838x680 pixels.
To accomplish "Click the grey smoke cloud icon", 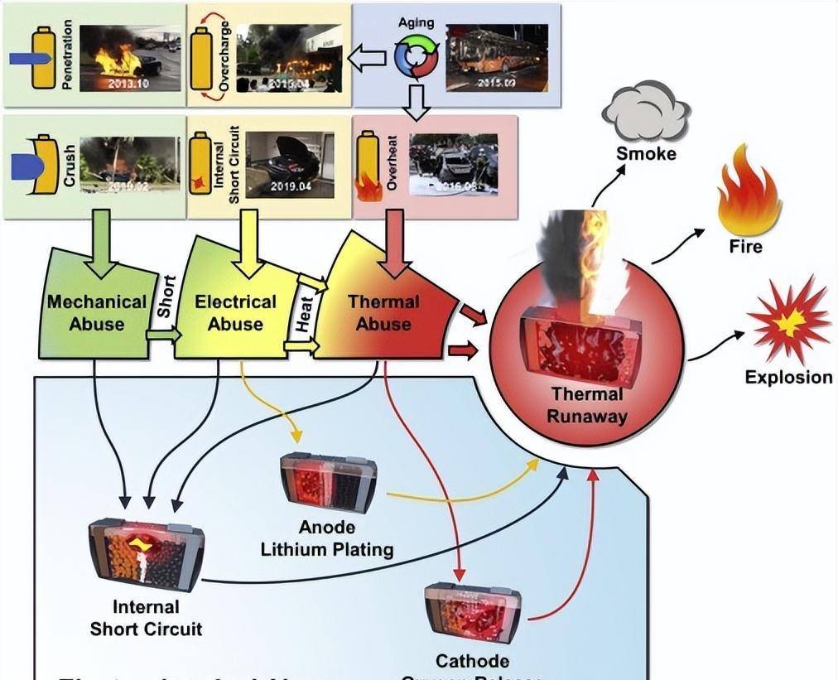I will pos(647,112).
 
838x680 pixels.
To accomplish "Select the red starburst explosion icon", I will pos(787,320).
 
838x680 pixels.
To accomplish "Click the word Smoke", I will pos(646,153).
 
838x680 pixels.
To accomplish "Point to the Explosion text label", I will pos(787,378).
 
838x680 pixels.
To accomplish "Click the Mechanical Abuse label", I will pos(96,312).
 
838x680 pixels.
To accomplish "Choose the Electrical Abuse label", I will pos(235,312).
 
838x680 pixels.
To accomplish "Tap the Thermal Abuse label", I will pos(383,312).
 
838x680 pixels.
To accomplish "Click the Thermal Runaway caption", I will pos(587,405).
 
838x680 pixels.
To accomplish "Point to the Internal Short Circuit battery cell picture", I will pos(146,553).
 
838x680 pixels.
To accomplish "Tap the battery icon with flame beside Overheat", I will pos(368,166).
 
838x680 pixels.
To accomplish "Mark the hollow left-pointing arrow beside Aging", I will pos(367,58).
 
